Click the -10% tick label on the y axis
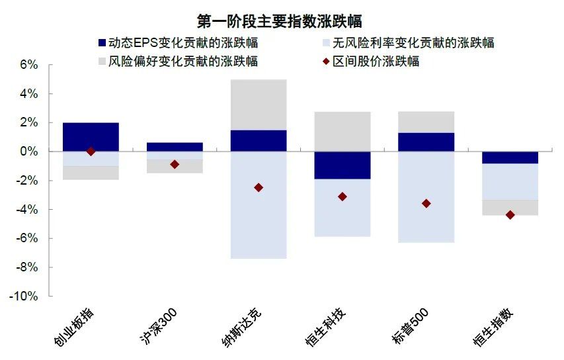24,296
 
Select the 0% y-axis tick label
30,152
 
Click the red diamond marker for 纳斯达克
259,188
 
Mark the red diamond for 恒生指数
510,214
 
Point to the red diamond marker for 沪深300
175,164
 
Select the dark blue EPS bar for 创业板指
91,137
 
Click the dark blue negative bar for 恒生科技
342,165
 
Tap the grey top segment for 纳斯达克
259,105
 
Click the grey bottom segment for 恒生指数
510,207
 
